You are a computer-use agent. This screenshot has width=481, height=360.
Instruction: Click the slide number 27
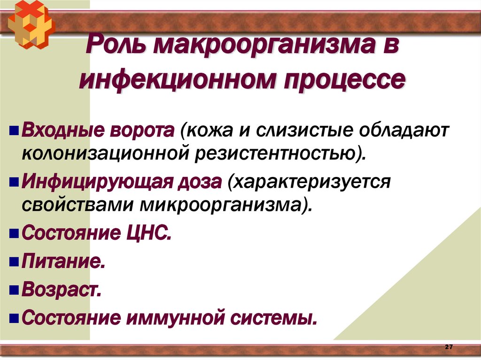click(448, 346)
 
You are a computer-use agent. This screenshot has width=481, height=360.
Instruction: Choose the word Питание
click(62, 261)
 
